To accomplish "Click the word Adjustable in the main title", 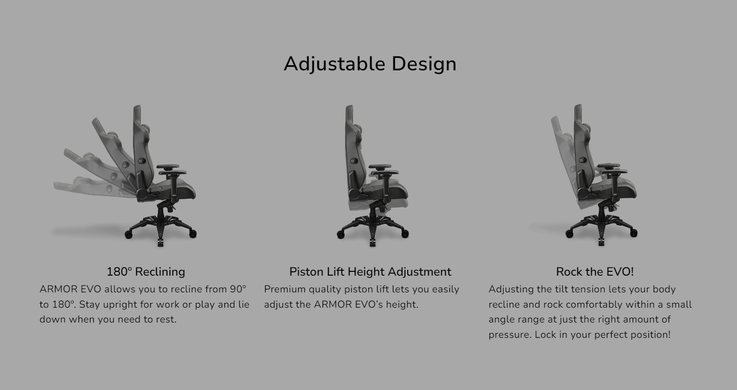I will click(x=335, y=64).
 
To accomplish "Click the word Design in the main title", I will click(x=424, y=64).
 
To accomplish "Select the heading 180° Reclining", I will click(x=146, y=272).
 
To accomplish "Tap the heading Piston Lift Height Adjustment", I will click(x=370, y=272).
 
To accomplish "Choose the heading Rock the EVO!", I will click(x=595, y=272).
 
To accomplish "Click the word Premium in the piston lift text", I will click(x=285, y=290).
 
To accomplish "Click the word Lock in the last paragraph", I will click(x=546, y=334).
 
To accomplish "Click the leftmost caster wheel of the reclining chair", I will click(x=128, y=234).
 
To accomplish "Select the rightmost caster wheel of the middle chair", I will click(x=405, y=234).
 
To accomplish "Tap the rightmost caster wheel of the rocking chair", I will click(x=634, y=233).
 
